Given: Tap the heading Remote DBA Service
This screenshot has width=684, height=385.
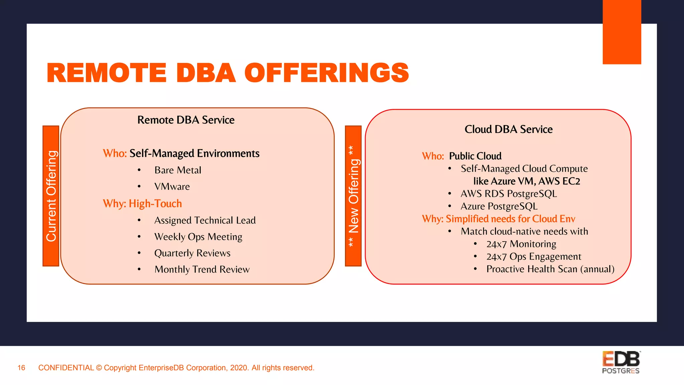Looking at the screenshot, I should pos(186,120).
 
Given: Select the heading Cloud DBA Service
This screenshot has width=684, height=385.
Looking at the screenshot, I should pos(508,129).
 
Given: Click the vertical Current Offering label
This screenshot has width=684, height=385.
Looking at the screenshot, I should pos(51,196).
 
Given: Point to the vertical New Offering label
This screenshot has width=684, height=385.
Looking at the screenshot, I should pos(353,196).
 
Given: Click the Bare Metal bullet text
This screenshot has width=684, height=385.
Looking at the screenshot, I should pos(178,170).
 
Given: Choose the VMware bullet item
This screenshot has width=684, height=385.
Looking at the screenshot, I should pos(172,186).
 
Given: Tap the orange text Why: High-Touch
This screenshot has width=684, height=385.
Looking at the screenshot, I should pos(142,204).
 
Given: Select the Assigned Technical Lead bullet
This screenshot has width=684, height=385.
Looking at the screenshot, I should pos(205,220).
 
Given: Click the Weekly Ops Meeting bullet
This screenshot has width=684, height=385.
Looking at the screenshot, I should pos(198,237).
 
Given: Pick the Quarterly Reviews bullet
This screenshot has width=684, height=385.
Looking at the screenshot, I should pos(192,253).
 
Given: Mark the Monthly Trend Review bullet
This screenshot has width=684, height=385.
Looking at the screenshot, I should pos(202,269).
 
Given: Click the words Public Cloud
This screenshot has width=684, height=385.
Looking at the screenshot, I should pos(475,156).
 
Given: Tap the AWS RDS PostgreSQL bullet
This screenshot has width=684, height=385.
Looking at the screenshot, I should pos(508,194).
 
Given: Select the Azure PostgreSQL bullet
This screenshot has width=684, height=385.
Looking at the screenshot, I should pos(499,206).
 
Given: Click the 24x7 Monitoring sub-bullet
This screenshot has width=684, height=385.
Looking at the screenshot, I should pos(521,244).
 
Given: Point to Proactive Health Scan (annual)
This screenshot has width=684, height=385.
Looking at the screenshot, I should pos(550,269).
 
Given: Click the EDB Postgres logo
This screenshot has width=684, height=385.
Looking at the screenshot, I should pos(621,362).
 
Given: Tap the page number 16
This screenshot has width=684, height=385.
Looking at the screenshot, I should pos(21,368).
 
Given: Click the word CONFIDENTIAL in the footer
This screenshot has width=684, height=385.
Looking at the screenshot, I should pos(66,368).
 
